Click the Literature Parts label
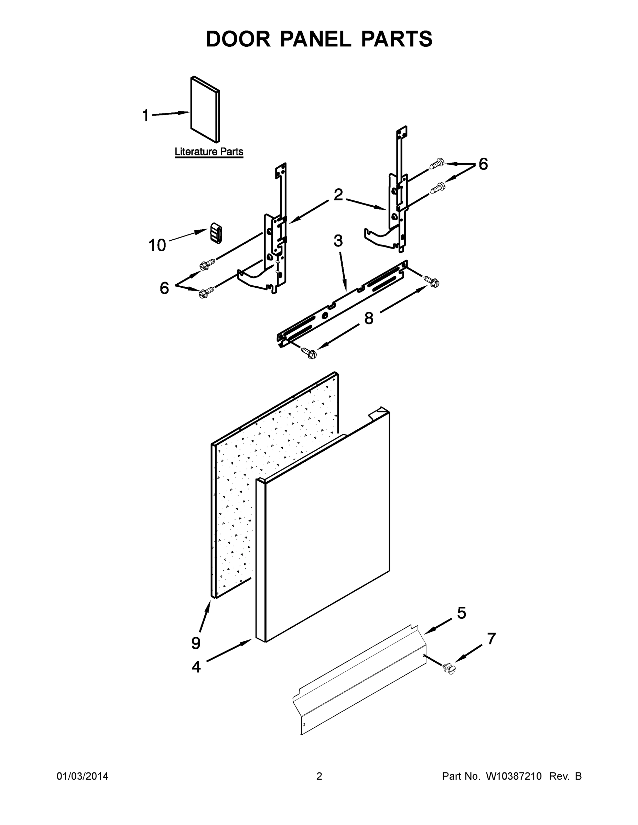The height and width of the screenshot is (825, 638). (209, 152)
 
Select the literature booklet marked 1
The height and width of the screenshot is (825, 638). (205, 110)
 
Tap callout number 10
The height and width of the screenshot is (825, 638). (157, 245)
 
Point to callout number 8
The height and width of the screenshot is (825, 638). (368, 318)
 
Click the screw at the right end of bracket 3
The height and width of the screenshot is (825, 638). (432, 282)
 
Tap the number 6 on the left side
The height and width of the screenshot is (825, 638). (164, 288)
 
